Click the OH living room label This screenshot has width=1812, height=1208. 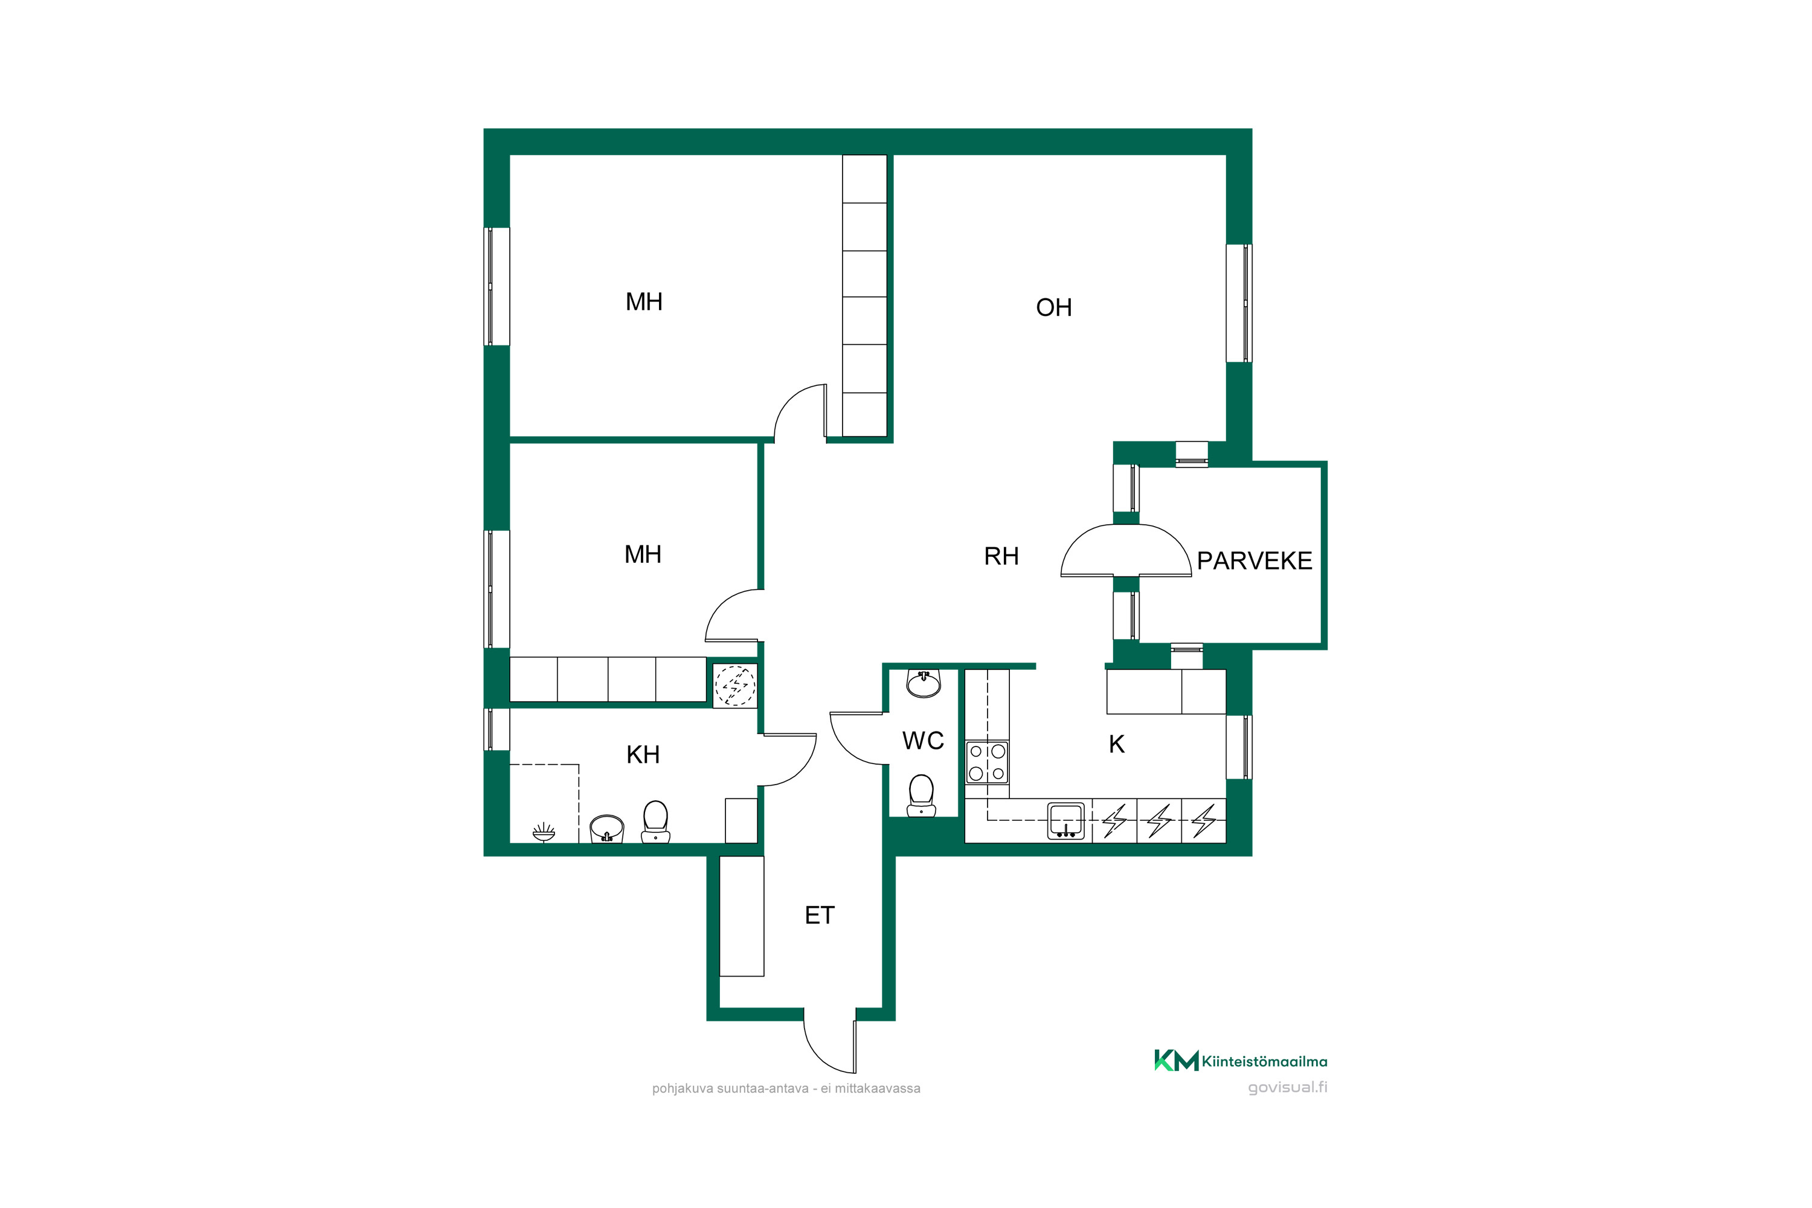pyautogui.click(x=1053, y=307)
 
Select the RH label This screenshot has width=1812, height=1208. pyautogui.click(x=1001, y=556)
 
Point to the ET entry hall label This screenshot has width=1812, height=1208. pyautogui.click(x=819, y=915)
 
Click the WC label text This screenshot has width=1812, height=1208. pyautogui.click(x=923, y=741)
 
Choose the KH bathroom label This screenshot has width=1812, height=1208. pyautogui.click(x=643, y=755)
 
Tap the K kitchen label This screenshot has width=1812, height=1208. pyautogui.click(x=1116, y=744)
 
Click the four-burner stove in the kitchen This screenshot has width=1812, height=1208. pyautogui.click(x=987, y=762)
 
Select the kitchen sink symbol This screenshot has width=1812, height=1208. pyautogui.click(x=1066, y=820)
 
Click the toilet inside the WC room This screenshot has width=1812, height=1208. pyautogui.click(x=922, y=795)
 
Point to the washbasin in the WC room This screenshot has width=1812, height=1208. pyautogui.click(x=923, y=683)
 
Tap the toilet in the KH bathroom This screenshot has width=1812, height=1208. pyautogui.click(x=655, y=822)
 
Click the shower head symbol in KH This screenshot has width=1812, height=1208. pyautogui.click(x=543, y=832)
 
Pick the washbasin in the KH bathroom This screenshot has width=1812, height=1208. pyautogui.click(x=606, y=829)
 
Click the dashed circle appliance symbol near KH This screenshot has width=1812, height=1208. pyautogui.click(x=735, y=685)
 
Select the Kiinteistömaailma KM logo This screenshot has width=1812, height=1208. pyautogui.click(x=1241, y=1061)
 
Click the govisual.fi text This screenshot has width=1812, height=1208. pyautogui.click(x=1287, y=1088)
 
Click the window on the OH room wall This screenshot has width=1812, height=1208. pyautogui.click(x=1239, y=303)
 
